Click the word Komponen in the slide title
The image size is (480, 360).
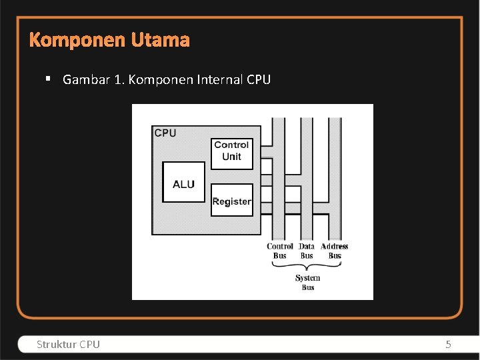77,41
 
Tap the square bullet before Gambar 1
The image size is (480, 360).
49,79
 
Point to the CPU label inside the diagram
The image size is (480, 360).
165,133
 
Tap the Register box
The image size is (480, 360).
231,201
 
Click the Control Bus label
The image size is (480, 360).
280,251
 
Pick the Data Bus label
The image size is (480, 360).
307,251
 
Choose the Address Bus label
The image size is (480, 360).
335,251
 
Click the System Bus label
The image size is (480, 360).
307,282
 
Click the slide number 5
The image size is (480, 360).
448,344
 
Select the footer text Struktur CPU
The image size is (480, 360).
68,344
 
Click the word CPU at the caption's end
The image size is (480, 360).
258,80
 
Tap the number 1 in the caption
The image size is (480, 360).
118,80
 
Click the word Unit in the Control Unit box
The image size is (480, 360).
231,157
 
